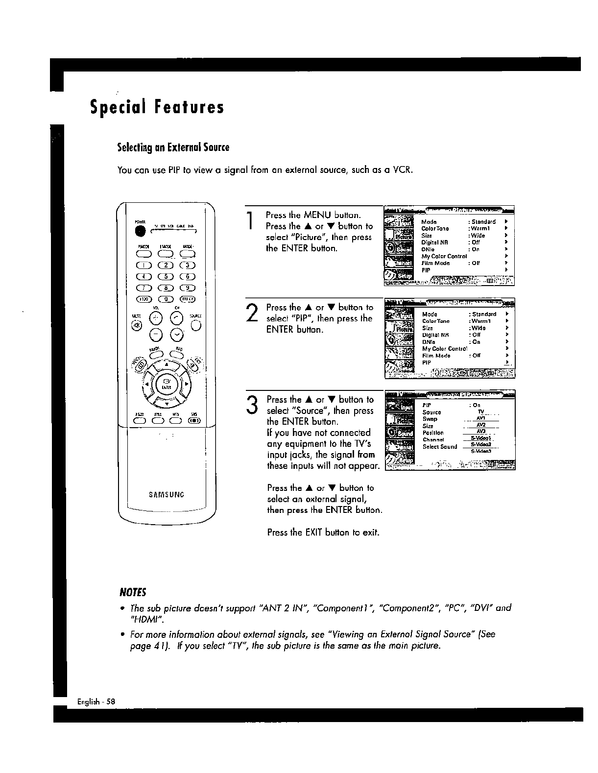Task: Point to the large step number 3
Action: tap(252, 405)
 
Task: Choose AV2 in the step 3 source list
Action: tap(480, 425)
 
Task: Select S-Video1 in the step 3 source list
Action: tap(480, 438)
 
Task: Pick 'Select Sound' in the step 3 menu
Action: tap(440, 447)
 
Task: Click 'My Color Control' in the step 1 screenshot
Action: tap(444, 256)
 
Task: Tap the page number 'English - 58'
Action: tap(96, 701)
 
